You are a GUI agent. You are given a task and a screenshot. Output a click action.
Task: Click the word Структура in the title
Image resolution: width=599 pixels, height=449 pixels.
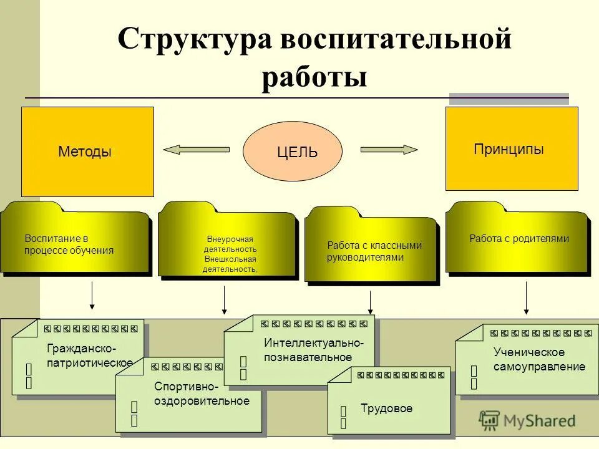coord(194,41)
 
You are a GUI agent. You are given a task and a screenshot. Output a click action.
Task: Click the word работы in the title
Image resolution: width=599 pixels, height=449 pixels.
coord(314,79)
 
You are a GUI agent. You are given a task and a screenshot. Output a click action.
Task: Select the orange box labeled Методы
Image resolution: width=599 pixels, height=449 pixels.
coord(87,152)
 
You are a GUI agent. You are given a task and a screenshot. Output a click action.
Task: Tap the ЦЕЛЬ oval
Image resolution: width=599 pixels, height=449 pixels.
coord(293,152)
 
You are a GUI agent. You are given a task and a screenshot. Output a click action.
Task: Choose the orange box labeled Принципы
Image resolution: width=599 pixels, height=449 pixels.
coord(511,148)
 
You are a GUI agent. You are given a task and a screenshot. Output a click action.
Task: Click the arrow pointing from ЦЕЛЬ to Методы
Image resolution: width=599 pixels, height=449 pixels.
coord(196,150)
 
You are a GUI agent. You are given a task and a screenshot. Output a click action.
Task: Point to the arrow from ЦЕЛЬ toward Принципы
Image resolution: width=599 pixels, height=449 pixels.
coord(389,150)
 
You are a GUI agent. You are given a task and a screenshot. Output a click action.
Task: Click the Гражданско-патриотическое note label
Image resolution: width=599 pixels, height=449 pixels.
coord(89,355)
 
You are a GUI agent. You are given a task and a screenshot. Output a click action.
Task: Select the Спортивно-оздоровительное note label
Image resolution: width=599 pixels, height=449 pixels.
coord(201,394)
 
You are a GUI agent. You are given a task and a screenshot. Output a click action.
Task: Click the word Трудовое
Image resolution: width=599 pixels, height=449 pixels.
coord(386,408)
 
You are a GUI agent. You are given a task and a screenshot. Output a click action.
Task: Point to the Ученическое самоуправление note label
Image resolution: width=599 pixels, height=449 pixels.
coord(538,360)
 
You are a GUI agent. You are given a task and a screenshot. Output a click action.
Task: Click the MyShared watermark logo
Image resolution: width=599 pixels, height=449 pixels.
coord(527,420)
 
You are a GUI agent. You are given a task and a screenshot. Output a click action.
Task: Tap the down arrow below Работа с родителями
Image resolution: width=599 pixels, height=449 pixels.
coord(526,298)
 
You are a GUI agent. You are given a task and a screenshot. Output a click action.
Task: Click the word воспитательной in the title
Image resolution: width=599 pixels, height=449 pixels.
coord(396,41)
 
